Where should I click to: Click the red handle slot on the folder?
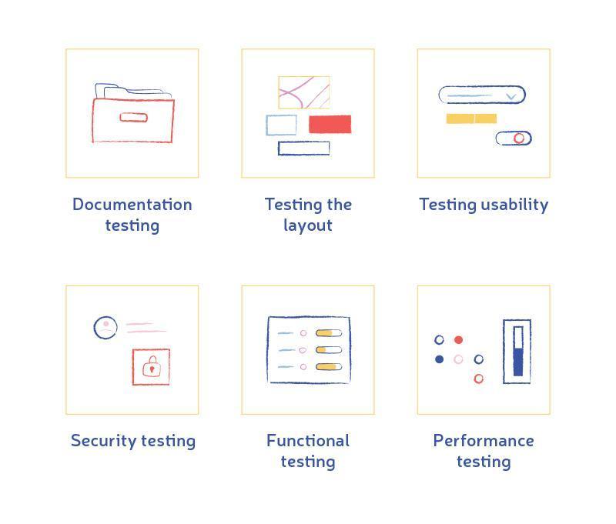(133, 118)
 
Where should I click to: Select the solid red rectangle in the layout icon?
(330, 124)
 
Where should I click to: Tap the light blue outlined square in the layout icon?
(281, 125)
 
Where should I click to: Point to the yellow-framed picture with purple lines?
(304, 92)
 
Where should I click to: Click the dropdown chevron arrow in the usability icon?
(511, 96)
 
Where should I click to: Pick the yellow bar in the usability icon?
(471, 118)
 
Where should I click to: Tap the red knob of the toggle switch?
(519, 139)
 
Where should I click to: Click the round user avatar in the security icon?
(105, 328)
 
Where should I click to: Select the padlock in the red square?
(152, 366)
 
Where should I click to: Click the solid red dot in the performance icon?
(458, 340)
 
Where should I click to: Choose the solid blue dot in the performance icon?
(439, 359)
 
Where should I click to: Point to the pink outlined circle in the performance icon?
(458, 359)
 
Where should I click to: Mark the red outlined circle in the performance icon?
(478, 379)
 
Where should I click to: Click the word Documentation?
(132, 205)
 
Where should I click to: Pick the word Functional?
(308, 441)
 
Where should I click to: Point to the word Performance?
(484, 441)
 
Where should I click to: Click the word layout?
(308, 225)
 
